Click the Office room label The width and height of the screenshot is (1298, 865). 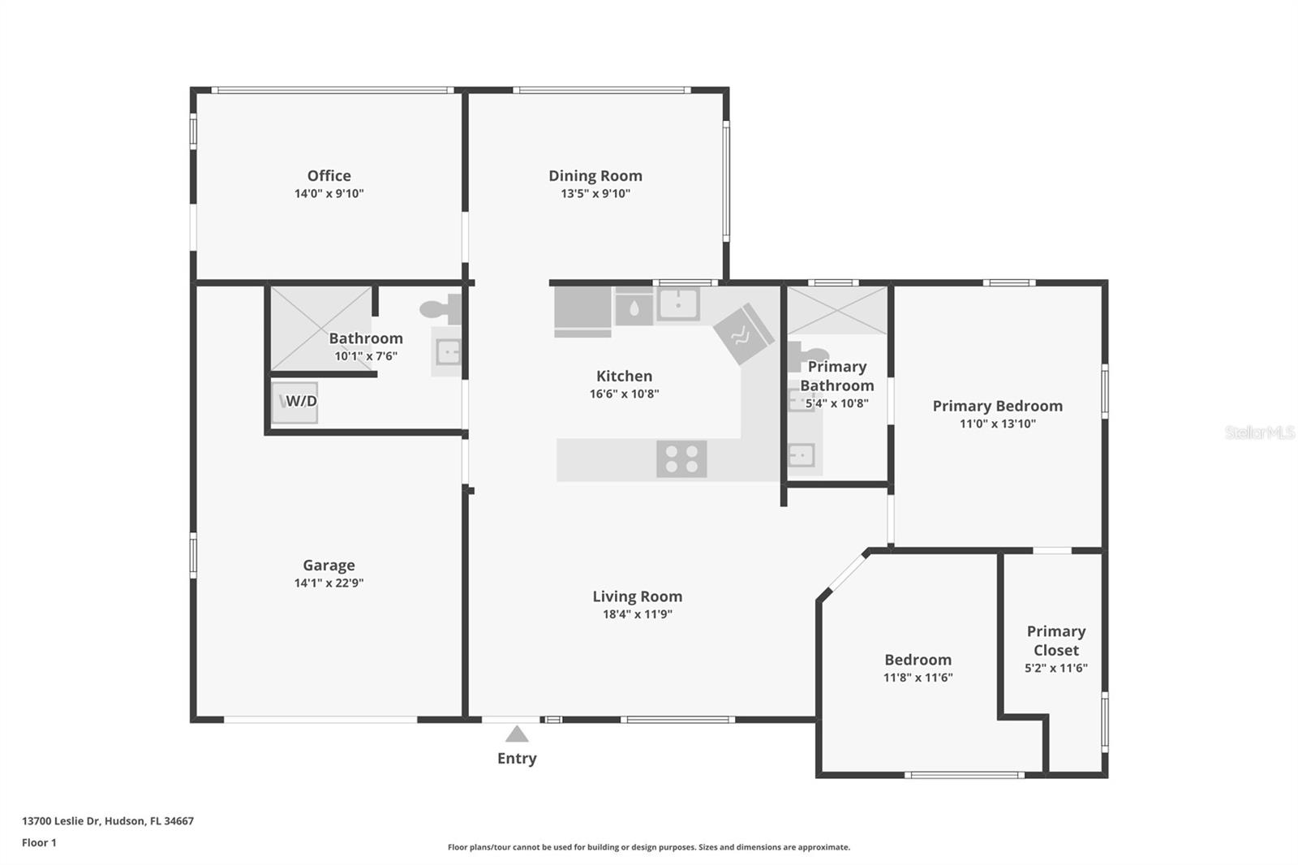point(329,175)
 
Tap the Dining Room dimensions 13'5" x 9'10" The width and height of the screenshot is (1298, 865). point(595,194)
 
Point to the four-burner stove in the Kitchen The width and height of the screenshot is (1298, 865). point(681,458)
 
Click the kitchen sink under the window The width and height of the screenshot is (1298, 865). point(678,305)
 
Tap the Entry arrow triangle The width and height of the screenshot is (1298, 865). point(517,734)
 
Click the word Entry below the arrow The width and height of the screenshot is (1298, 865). point(517,758)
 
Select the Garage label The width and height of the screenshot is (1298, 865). point(329,565)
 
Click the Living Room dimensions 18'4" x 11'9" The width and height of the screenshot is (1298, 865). point(637,614)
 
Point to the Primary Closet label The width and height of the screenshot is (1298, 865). point(1055,640)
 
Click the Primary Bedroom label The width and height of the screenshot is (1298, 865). point(997,406)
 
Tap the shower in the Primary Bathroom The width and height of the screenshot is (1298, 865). point(837,310)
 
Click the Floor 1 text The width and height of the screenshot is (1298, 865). point(39,842)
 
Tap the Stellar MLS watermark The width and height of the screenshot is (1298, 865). point(1259,432)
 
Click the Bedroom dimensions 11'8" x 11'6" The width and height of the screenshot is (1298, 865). point(918,678)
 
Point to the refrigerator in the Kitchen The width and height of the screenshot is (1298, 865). point(582,312)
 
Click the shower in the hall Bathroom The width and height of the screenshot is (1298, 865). point(320,328)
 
